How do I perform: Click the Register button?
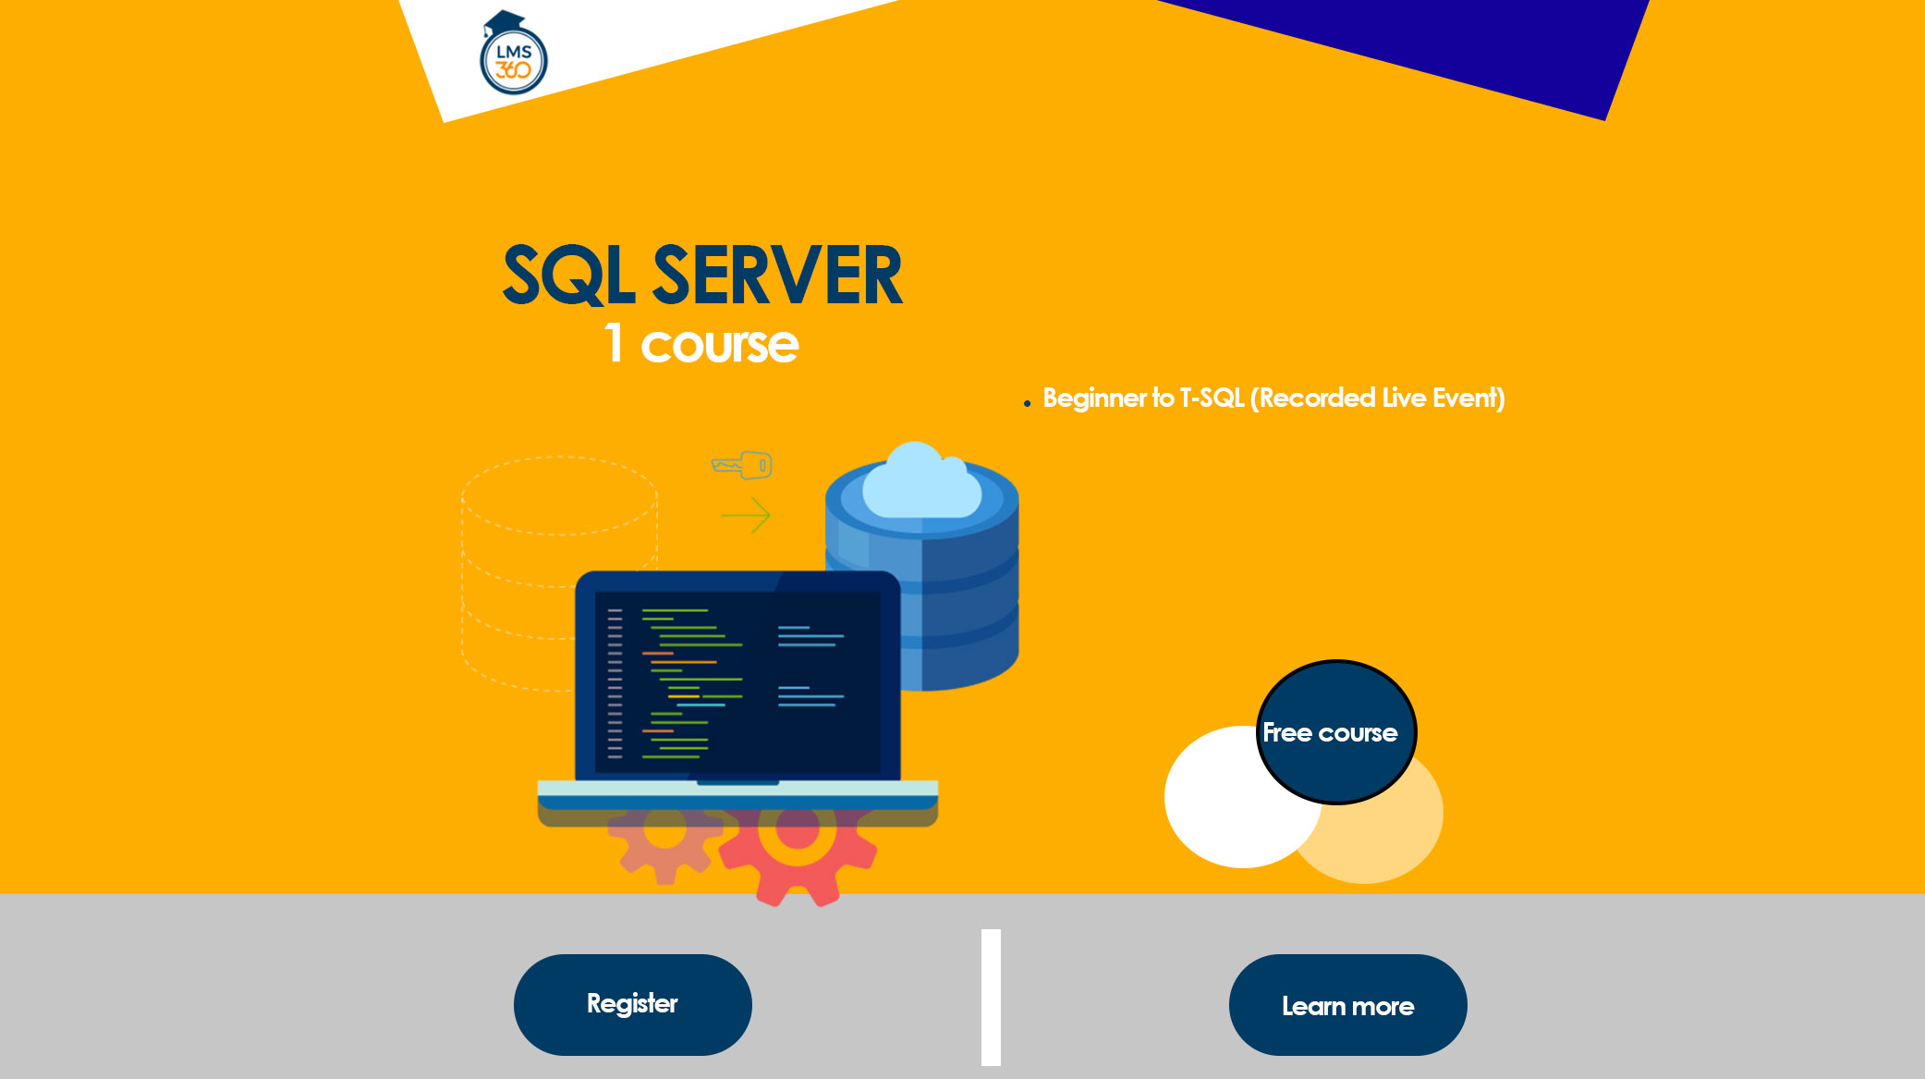[x=632, y=1004]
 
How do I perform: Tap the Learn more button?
[x=1347, y=1005]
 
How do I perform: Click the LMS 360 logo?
[x=514, y=56]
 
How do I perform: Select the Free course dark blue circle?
[x=1335, y=731]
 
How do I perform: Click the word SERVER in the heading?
[x=776, y=276]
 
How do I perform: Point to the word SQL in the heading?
[x=567, y=276]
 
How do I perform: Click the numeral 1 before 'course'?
[x=614, y=343]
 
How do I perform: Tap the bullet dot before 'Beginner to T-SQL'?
[x=1027, y=403]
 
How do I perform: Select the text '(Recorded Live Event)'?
[x=1377, y=398]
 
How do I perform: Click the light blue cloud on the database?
[x=920, y=483]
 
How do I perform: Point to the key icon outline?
[x=742, y=464]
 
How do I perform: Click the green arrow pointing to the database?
[x=746, y=515]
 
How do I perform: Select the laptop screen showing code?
[x=737, y=681]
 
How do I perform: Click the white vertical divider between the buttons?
[x=991, y=997]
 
